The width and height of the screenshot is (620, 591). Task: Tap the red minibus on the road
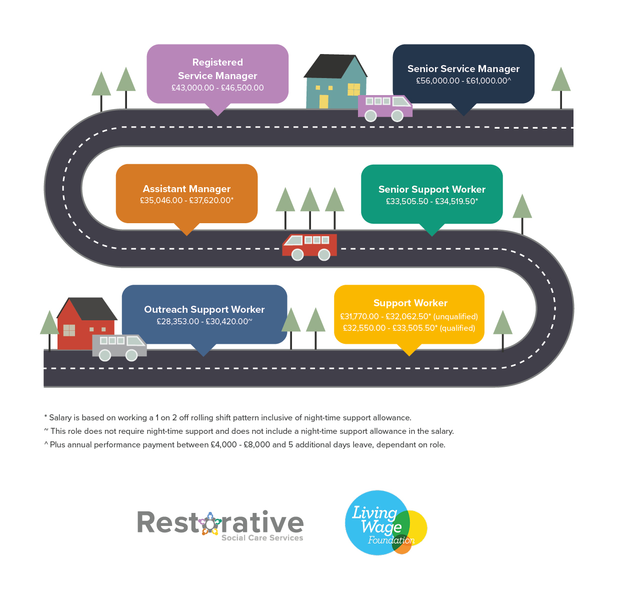(x=309, y=247)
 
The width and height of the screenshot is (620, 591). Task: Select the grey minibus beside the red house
(x=119, y=348)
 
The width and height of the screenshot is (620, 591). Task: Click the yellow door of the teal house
(x=323, y=102)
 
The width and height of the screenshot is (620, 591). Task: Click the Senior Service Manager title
(x=463, y=69)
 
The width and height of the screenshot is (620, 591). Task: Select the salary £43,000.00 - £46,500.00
(x=217, y=88)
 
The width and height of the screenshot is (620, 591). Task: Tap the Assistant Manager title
(x=186, y=189)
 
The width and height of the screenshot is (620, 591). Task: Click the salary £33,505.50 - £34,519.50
(x=431, y=201)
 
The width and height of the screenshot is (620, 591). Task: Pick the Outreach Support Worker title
(x=204, y=309)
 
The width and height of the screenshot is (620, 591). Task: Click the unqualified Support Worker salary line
(x=408, y=316)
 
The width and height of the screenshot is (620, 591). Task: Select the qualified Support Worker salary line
(x=408, y=328)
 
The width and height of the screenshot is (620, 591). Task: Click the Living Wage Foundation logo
(x=385, y=522)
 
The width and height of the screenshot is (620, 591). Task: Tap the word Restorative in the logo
(x=220, y=522)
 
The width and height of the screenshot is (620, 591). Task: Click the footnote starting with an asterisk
(x=227, y=418)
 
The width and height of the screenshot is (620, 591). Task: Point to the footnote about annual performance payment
(x=244, y=445)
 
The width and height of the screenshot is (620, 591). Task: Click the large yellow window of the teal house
(x=353, y=90)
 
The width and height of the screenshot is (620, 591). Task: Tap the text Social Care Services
(x=262, y=537)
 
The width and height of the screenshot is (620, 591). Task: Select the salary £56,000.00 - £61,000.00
(x=463, y=81)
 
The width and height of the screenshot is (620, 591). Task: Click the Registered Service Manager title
(x=217, y=69)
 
